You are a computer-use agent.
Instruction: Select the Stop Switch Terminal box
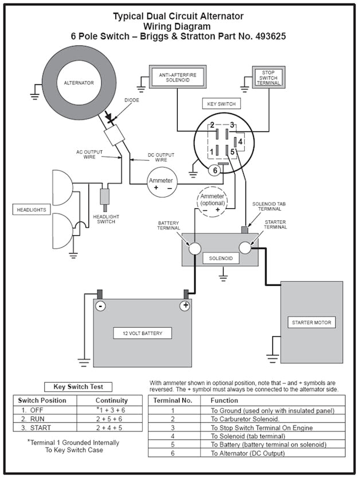268,77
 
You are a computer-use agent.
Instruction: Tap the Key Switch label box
221,104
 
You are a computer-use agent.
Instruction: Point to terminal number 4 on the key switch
241,141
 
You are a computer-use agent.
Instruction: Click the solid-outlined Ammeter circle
161,184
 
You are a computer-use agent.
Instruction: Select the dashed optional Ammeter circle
212,203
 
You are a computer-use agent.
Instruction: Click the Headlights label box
31,210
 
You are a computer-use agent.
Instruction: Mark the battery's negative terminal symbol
100,306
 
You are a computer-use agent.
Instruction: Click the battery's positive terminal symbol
185,306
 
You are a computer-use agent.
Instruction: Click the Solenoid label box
220,259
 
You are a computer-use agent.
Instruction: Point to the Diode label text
131,100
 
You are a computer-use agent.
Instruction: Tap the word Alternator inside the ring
79,83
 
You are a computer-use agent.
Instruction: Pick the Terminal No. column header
173,400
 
